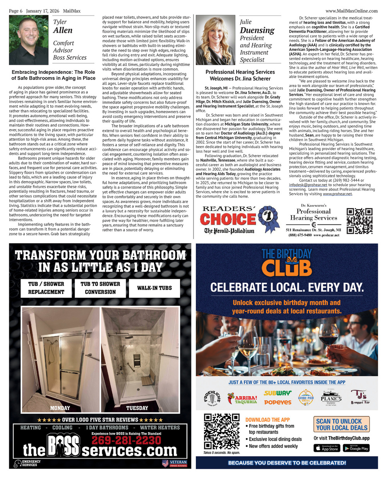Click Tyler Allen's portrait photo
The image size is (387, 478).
pos(29,40)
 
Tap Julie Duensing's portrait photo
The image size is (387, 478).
pos(215,40)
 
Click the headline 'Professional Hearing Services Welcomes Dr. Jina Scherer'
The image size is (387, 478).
pos(240,75)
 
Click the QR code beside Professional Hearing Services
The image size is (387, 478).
pos(359,221)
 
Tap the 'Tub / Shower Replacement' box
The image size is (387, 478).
pos(46,288)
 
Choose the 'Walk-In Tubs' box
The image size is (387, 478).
pos(154,288)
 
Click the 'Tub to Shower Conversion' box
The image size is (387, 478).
pos(100,288)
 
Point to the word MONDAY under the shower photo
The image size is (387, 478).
pos(60,408)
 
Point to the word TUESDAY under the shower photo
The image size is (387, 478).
pos(137,408)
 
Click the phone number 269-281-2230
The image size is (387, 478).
pos(126,440)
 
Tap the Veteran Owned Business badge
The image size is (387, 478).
pos(175,463)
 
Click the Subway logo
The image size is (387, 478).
pos(277,393)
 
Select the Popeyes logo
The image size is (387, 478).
pos(277,402)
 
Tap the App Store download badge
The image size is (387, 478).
pos(327,448)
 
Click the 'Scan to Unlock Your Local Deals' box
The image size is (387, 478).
pos(341,425)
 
